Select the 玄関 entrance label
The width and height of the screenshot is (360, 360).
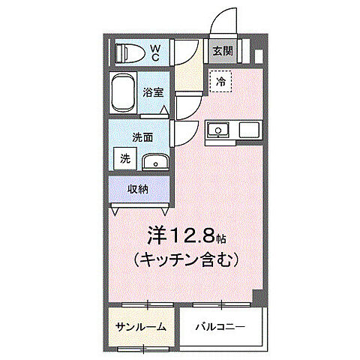221,51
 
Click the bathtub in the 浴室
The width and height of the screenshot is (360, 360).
124,94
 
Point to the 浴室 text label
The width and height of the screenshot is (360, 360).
154,93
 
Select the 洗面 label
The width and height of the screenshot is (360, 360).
142,138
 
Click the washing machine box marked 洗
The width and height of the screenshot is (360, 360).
124,159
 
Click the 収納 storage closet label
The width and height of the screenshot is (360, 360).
138,189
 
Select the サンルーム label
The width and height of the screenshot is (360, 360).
140,328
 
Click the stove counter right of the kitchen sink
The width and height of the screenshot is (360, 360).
250,130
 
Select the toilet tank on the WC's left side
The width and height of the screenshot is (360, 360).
120,53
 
